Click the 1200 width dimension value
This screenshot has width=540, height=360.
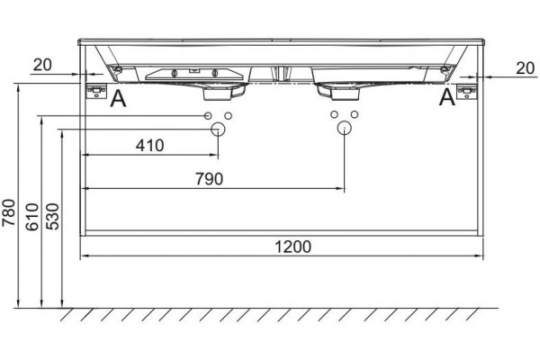[292, 247]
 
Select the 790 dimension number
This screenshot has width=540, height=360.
[210, 179]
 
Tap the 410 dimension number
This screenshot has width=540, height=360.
[149, 146]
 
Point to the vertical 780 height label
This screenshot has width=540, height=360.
[9, 212]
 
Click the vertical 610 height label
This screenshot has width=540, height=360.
[32, 217]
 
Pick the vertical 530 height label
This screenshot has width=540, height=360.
[53, 217]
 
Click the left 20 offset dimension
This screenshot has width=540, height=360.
[42, 65]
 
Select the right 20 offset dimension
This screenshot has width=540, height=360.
[526, 68]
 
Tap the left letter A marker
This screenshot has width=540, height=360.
[118, 98]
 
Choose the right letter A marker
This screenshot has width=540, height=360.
[447, 97]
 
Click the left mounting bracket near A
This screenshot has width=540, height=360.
[96, 92]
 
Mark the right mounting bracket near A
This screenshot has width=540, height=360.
[467, 92]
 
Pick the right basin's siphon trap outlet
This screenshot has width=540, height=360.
[339, 93]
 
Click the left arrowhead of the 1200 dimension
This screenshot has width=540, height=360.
[85, 256]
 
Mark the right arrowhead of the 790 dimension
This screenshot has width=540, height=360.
[340, 188]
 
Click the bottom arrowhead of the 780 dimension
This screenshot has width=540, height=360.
[18, 303]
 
